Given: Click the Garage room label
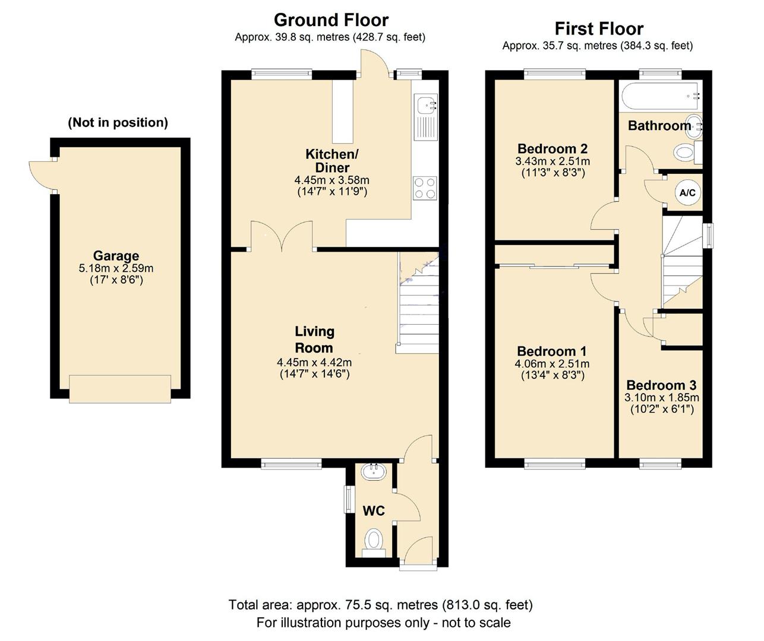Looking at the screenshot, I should click(116, 256).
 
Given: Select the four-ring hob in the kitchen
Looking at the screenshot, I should click(425, 188).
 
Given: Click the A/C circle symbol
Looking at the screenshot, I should click(687, 192).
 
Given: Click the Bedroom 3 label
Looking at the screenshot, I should click(661, 385).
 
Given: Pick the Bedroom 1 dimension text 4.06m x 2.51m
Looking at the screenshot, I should click(553, 364).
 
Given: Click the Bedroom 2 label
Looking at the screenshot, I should click(553, 149).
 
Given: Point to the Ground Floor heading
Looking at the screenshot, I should click(331, 20).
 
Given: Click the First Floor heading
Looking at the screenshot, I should click(599, 28).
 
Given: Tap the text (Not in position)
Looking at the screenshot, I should click(118, 123).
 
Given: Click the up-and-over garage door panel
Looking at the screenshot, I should click(120, 389).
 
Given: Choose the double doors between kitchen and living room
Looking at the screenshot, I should click(282, 236).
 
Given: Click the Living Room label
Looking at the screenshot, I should click(314, 339).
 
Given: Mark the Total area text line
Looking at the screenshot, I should click(380, 605).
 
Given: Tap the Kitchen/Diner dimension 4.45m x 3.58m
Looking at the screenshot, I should click(332, 180).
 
